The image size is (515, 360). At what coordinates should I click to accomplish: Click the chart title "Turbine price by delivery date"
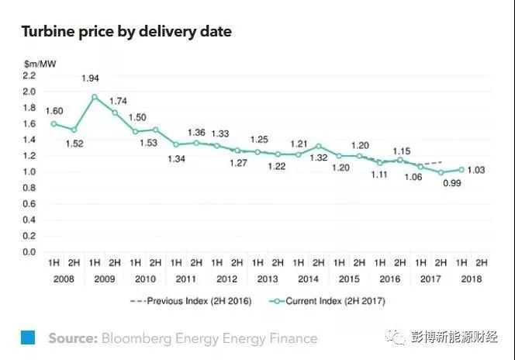point(126,32)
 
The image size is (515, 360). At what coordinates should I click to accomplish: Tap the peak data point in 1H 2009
point(94,97)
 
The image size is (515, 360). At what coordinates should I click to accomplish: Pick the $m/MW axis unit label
point(36,61)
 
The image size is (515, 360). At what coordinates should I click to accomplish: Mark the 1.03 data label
point(475,171)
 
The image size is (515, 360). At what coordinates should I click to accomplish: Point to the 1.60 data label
point(54,110)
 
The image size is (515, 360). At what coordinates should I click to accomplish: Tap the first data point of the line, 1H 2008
point(54,123)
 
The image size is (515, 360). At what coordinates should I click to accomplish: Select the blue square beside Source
point(28,337)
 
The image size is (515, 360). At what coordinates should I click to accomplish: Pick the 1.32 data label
point(320,158)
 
